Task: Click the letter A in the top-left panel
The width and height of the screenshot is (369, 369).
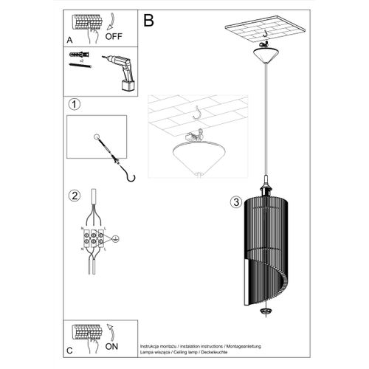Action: coord(69,42)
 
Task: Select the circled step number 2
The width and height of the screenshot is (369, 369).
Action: coord(74,196)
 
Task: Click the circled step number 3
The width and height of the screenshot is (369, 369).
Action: coord(235,201)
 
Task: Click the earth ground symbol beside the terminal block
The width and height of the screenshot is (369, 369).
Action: coord(115,239)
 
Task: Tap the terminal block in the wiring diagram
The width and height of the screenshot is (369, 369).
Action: coord(95,239)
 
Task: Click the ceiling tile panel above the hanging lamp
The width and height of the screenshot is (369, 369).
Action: coord(264,30)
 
